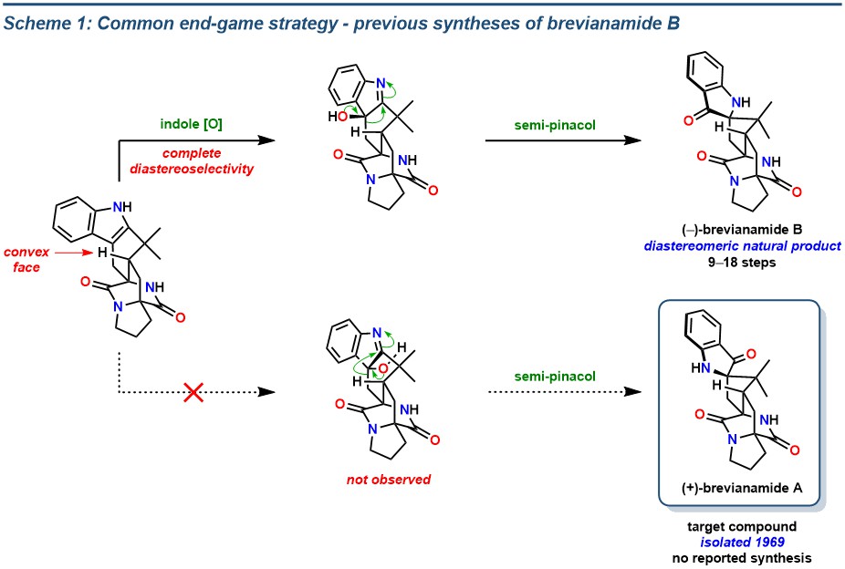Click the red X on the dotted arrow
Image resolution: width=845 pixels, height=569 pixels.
click(x=193, y=392)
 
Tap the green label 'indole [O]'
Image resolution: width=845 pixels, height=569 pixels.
click(x=192, y=124)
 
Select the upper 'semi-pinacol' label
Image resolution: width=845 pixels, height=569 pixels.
click(x=555, y=126)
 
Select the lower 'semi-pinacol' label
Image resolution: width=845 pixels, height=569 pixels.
click(x=555, y=377)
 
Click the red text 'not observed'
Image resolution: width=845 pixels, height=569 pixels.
click(x=389, y=479)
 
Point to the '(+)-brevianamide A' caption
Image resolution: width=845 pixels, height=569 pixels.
click(x=742, y=488)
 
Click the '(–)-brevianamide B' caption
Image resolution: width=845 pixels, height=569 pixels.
click(x=742, y=230)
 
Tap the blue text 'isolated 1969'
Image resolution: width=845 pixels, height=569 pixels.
click(x=742, y=542)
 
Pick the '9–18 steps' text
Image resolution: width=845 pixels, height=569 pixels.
click(x=742, y=263)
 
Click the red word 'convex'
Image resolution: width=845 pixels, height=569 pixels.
click(x=26, y=252)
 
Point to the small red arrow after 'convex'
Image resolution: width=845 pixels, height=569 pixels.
click(x=74, y=252)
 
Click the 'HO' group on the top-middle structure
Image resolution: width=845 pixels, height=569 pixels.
click(x=338, y=117)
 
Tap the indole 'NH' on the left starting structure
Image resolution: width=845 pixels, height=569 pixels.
click(x=123, y=207)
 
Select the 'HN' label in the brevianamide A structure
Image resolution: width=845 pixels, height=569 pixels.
click(x=701, y=368)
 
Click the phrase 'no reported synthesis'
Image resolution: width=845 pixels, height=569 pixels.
click(x=742, y=558)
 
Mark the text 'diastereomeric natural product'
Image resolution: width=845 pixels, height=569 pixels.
click(x=742, y=246)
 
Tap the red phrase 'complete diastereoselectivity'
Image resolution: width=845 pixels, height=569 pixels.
click(x=192, y=161)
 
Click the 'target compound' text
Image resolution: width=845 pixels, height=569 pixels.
click(x=742, y=526)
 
